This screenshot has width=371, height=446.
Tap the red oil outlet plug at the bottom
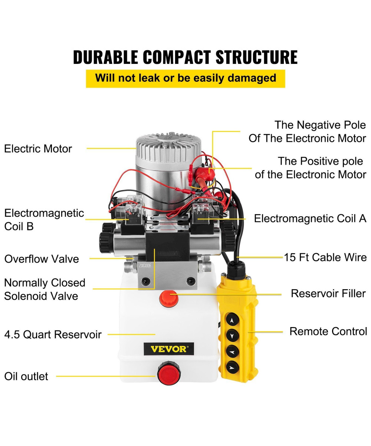point(166,374)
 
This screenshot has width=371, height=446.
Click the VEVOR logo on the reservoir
point(169,349)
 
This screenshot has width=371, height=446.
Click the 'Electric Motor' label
point(38,149)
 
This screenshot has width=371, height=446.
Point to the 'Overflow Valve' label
point(42,259)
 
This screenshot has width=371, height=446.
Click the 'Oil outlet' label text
point(26,376)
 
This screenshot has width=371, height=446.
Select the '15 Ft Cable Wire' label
point(325,257)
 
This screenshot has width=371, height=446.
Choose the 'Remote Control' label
point(328,331)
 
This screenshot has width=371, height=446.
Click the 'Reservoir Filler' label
point(328,293)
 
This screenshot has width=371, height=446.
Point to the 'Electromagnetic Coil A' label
point(310,218)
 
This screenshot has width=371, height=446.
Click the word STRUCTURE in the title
point(256,57)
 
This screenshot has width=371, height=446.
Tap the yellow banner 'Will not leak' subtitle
point(185,78)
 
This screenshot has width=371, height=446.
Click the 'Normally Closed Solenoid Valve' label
point(45,289)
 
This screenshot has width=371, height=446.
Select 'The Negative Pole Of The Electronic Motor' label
point(307,132)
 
